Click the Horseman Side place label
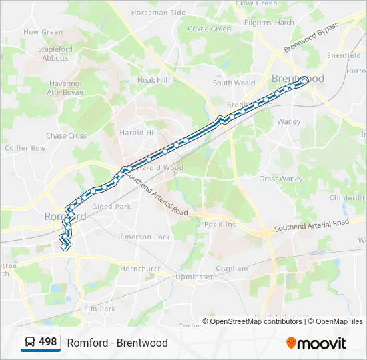(x=158, y=13)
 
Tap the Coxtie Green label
(x=210, y=29)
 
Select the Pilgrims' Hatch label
(x=270, y=23)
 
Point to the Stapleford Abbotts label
(x=55, y=53)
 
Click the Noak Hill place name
(x=152, y=80)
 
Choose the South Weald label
(x=234, y=83)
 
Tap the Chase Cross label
(x=66, y=136)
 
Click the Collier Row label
(x=25, y=148)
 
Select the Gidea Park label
(x=111, y=207)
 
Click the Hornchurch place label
(x=141, y=269)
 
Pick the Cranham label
(x=232, y=269)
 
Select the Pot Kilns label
(x=220, y=225)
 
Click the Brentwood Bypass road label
(x=311, y=37)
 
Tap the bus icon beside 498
(x=30, y=343)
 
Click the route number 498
(x=47, y=342)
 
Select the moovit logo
(x=316, y=343)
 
